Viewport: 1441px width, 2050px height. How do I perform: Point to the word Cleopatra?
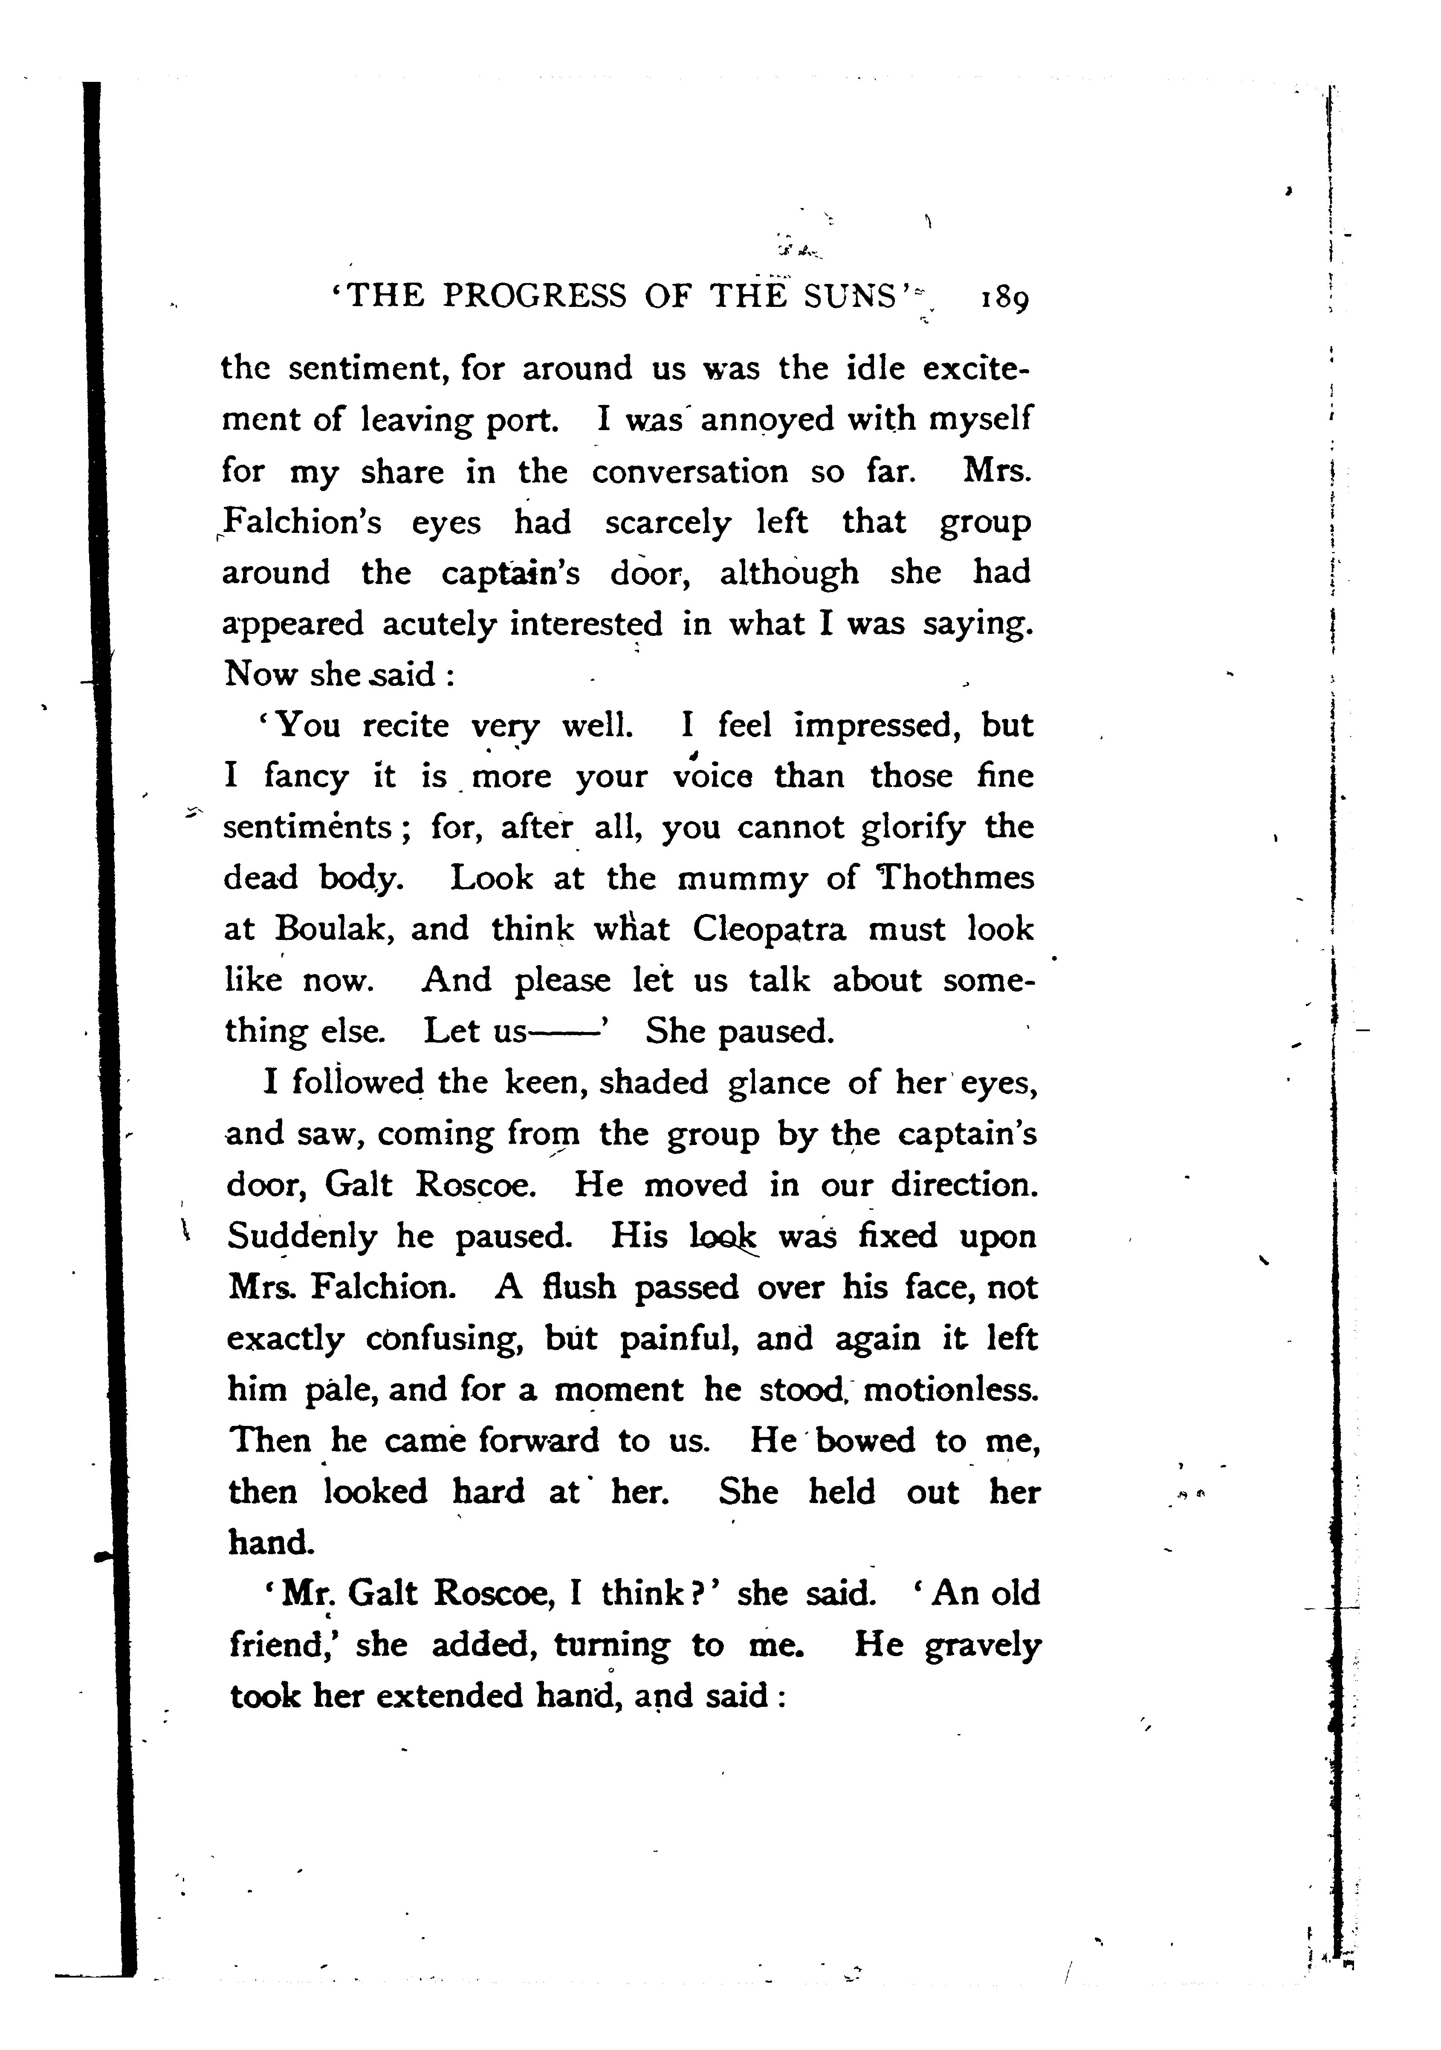click(769, 929)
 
